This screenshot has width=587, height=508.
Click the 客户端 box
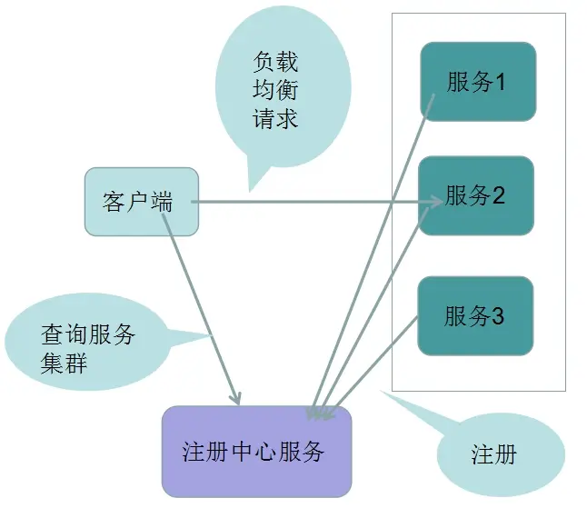pyautogui.click(x=140, y=202)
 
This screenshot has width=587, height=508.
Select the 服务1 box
pyautogui.click(x=477, y=81)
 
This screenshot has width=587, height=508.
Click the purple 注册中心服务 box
pyautogui.click(x=255, y=451)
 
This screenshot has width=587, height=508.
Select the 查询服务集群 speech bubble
pyautogui.click(x=86, y=345)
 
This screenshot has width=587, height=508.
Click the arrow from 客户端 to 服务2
pyautogui.click(x=309, y=202)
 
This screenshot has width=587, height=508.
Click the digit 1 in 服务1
pyautogui.click(x=499, y=82)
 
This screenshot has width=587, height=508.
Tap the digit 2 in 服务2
pyautogui.click(x=498, y=196)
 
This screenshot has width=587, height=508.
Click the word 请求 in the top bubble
pyautogui.click(x=276, y=117)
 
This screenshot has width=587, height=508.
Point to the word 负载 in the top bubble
pyautogui.click(x=276, y=63)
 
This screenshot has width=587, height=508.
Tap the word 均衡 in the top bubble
pyautogui.click(x=276, y=90)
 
